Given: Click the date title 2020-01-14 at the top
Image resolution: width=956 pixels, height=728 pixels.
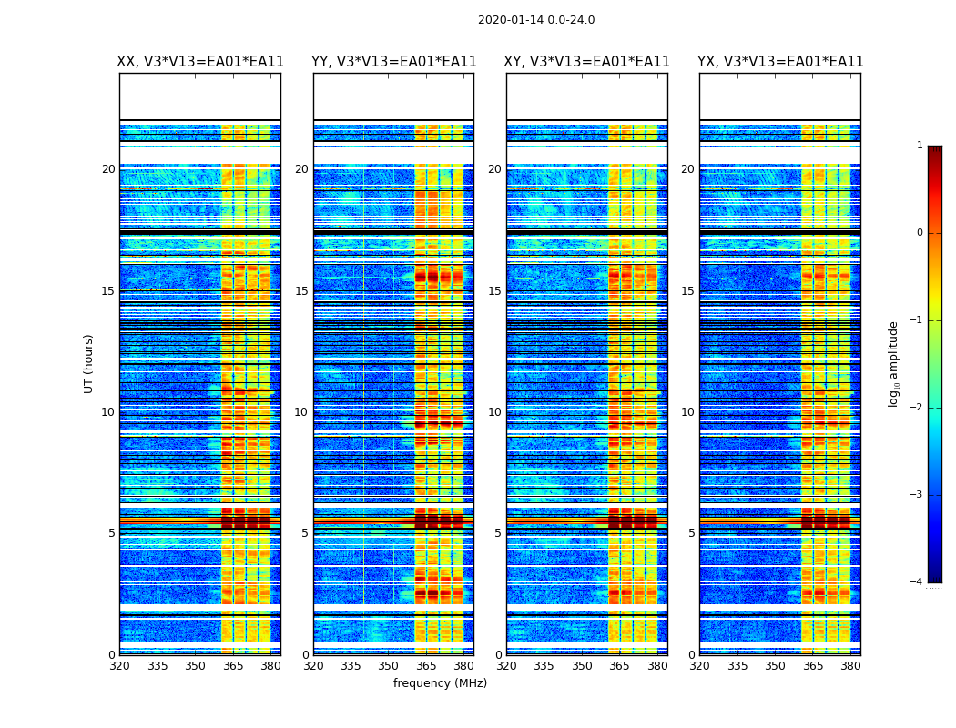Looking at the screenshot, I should [x=536, y=20].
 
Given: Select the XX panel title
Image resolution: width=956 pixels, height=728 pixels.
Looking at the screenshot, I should [x=200, y=62].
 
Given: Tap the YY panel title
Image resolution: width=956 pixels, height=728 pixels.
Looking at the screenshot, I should [x=393, y=62].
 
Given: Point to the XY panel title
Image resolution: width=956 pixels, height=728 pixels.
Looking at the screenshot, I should [x=586, y=62].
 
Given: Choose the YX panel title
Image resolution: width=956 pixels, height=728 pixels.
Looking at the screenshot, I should [x=780, y=62].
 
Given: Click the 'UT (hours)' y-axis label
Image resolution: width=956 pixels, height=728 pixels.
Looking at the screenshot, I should [x=89, y=363].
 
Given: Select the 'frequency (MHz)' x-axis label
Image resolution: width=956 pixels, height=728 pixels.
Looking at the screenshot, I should [x=440, y=683].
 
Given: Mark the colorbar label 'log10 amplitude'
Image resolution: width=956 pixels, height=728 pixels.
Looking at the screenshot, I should [x=894, y=363].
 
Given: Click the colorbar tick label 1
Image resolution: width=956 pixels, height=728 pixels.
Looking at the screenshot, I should [x=920, y=146].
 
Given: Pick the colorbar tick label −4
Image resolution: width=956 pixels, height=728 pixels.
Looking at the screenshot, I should [x=917, y=582].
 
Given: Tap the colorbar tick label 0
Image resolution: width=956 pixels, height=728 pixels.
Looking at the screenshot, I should [x=920, y=233].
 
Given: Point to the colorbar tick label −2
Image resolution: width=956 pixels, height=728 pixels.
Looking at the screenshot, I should [x=917, y=408].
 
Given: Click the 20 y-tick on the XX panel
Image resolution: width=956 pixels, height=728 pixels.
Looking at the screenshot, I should [x=108, y=169].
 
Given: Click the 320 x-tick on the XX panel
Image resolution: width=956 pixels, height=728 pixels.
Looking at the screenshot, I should [x=120, y=666].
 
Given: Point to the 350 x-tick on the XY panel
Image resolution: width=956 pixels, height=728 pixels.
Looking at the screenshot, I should [x=582, y=666].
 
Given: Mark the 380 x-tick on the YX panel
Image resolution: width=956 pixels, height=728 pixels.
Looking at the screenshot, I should [x=850, y=666].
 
